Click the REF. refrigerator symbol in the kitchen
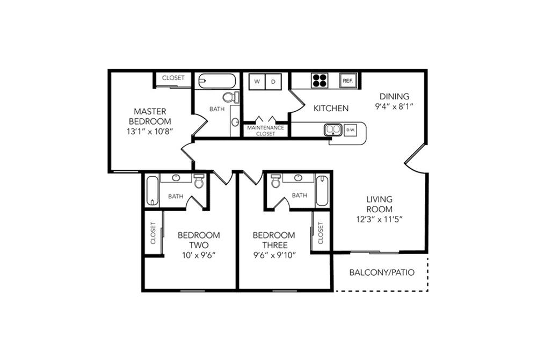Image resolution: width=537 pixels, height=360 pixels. click(349, 81)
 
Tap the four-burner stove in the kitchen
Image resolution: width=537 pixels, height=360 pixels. click(320, 81)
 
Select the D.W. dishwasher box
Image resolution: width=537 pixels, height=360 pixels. click(350, 130)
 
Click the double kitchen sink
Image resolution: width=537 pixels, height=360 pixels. click(333, 130)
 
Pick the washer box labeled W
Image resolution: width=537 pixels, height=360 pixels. click(257, 82)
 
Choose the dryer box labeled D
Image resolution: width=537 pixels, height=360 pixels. click(273, 82)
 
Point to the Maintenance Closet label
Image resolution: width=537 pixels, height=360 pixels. click(265, 131)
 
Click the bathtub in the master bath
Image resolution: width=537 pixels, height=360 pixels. click(217, 81)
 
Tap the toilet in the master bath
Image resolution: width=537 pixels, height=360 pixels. click(231, 97)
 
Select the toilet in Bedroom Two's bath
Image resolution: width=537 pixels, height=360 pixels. click(199, 181)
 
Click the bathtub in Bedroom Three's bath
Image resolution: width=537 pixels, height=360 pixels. click(322, 190)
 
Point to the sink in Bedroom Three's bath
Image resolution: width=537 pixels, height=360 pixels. click(298, 178)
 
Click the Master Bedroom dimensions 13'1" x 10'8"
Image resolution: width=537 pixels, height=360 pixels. click(149, 131)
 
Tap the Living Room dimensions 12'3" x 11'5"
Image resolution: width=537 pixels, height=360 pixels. click(379, 219)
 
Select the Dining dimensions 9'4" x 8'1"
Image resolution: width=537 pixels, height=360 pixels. click(394, 106)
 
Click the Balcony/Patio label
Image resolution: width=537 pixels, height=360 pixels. click(382, 272)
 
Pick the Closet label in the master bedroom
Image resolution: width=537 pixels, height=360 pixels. click(173, 78)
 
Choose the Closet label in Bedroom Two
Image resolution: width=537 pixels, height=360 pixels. click(153, 233)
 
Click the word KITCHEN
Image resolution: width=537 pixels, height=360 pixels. click(331, 108)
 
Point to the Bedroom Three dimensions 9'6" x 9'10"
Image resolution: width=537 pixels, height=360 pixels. click(274, 255)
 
